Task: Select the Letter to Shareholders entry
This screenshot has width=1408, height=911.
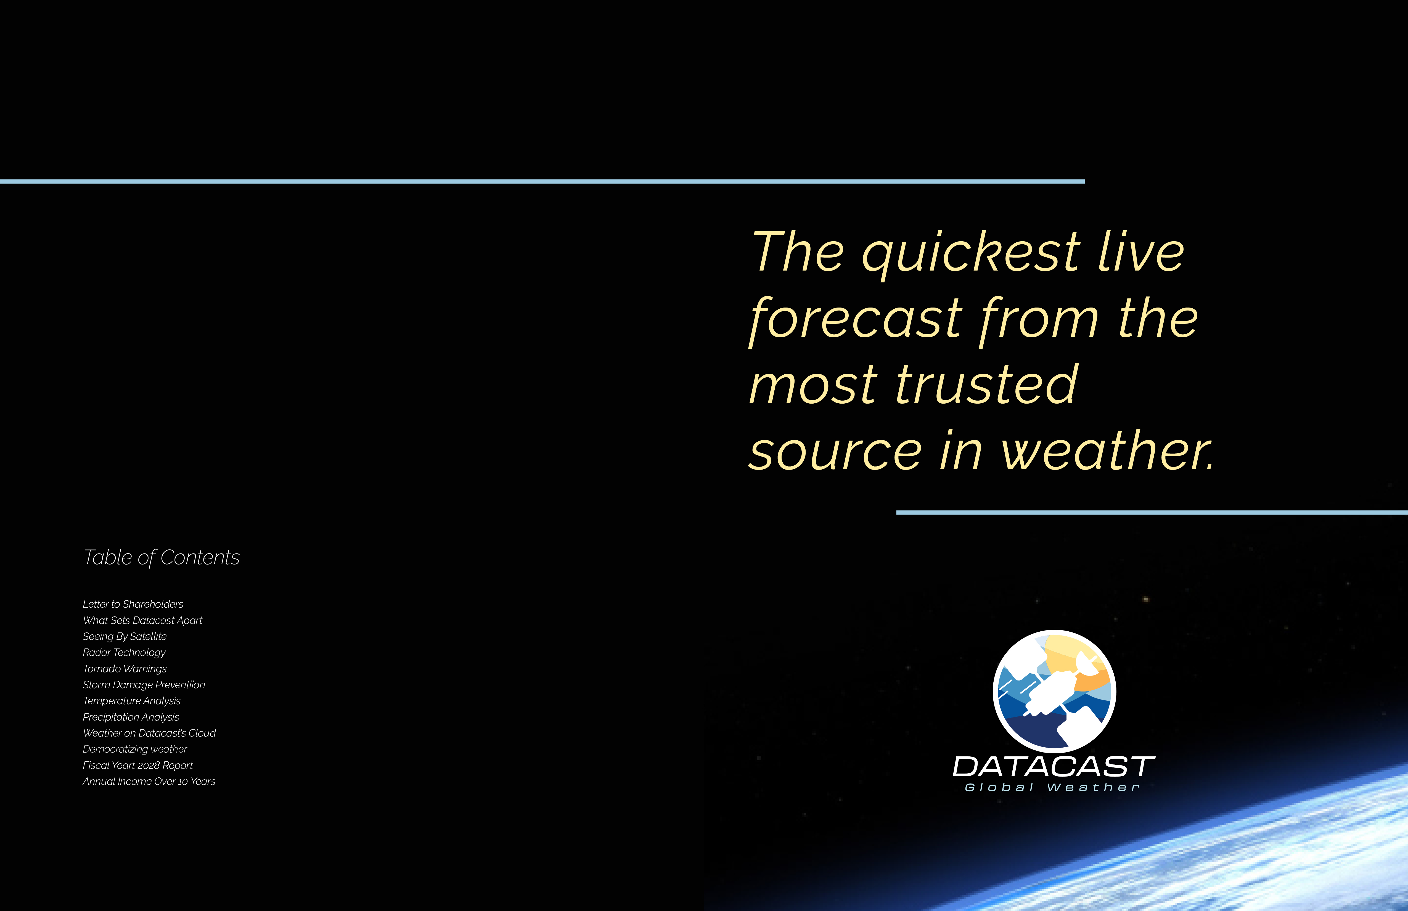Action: click(x=133, y=604)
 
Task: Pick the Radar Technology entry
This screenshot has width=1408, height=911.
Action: click(x=124, y=653)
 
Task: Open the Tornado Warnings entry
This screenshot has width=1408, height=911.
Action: click(x=125, y=668)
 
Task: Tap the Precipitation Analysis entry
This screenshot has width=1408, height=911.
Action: click(x=131, y=717)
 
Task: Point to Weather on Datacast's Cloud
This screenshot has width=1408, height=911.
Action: click(x=149, y=733)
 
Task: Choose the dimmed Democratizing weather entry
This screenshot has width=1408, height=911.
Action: click(x=135, y=749)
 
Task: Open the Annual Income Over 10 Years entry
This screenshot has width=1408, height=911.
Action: click(x=149, y=782)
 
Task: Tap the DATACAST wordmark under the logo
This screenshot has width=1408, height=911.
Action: click(x=1054, y=767)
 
